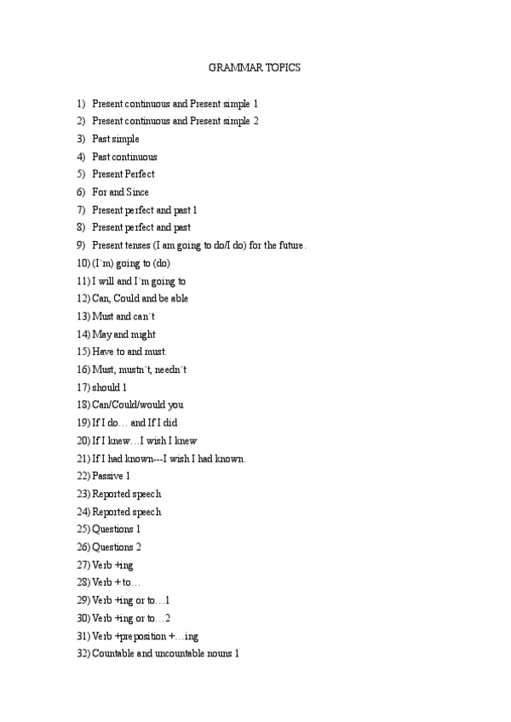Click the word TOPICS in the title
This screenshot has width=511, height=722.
pos(284,67)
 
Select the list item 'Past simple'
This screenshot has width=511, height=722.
pos(115,139)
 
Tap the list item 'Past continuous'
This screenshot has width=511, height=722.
pos(124,157)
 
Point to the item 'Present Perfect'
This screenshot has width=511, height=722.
pos(123,175)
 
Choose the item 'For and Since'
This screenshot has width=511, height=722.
pos(120,192)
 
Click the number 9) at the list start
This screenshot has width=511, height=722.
pos(81,245)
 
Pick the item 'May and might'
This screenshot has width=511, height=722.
pos(123,335)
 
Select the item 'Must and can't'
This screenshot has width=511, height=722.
pos(123,317)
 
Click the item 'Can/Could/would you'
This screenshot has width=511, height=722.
pos(137,405)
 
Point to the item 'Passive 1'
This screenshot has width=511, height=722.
pos(111,476)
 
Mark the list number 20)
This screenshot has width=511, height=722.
pos(83,441)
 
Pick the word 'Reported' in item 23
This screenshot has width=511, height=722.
pos(111,494)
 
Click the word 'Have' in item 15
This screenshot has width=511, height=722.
pos(103,352)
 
